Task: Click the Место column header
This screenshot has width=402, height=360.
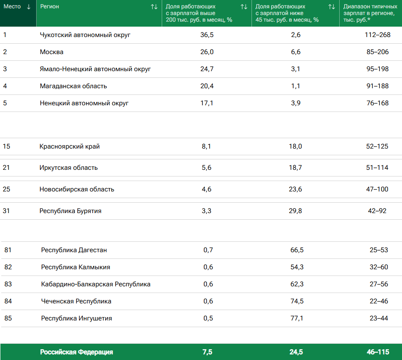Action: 12,7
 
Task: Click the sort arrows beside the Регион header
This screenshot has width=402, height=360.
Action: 154,7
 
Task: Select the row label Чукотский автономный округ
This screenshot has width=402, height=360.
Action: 85,35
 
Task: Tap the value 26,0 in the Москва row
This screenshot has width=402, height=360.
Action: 207,52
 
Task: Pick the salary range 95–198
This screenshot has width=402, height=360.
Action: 377,69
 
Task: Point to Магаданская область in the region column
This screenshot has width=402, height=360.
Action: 73,86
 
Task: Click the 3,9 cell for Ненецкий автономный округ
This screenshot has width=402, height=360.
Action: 296,103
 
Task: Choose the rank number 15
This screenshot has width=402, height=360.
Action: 6,146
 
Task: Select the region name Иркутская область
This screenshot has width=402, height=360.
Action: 69,168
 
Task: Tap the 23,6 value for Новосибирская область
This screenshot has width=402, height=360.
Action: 296,189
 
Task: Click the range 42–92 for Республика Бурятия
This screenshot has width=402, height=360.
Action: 377,211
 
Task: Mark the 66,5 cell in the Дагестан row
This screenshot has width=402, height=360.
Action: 297,250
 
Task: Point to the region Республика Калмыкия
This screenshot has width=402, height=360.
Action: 76,267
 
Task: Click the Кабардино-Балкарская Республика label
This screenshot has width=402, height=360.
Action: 96,284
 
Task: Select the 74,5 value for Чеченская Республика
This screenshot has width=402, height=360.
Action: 297,301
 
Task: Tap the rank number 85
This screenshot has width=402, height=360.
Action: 8,318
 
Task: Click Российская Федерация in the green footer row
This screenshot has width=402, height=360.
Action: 76,352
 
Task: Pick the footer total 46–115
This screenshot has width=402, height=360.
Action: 377,352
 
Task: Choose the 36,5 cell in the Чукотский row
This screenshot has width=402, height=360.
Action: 207,35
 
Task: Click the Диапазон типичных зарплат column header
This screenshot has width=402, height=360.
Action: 367,13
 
